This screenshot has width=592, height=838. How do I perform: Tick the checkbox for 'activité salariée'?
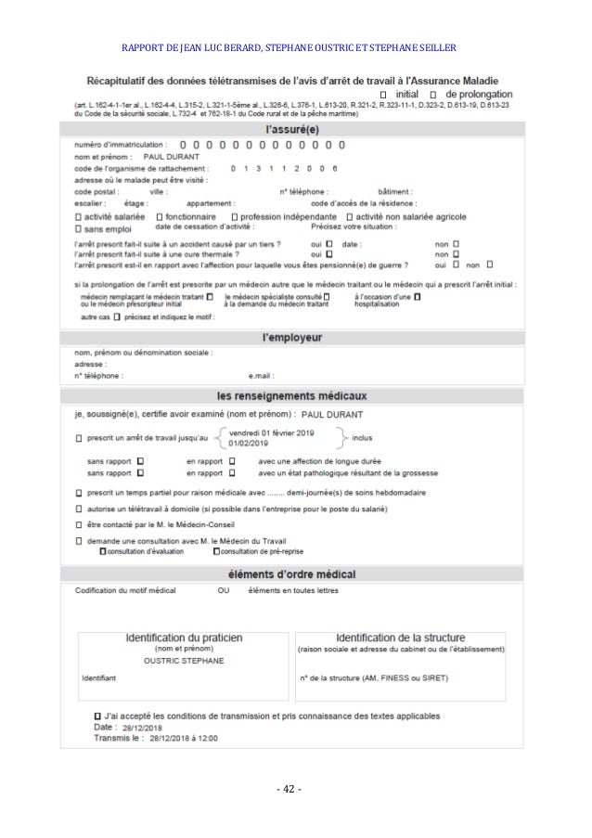(x=77, y=215)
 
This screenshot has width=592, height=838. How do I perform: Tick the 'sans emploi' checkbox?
(x=77, y=226)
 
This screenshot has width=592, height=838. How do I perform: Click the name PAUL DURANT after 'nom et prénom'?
(x=172, y=157)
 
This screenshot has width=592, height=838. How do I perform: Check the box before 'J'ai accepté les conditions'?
(x=97, y=716)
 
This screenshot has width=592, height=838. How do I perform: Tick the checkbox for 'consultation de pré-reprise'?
(x=216, y=551)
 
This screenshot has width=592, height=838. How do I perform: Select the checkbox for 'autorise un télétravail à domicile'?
(x=77, y=509)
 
